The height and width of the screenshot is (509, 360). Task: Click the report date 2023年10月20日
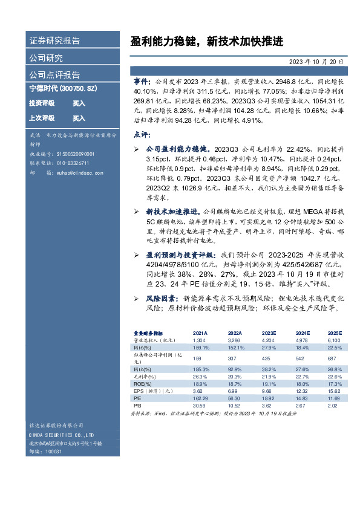click(320, 62)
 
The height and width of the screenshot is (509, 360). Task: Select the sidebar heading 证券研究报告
click(54, 41)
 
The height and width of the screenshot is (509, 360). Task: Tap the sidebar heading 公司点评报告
click(54, 75)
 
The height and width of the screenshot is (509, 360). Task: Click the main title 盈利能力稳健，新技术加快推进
click(206, 41)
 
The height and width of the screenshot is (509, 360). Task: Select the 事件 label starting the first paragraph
click(143, 80)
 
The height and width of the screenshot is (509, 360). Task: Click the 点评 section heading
click(141, 134)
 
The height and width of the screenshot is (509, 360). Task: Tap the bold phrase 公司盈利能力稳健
click(178, 149)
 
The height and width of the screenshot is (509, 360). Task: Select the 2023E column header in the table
click(269, 333)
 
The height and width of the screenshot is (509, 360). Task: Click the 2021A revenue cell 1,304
click(199, 341)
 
